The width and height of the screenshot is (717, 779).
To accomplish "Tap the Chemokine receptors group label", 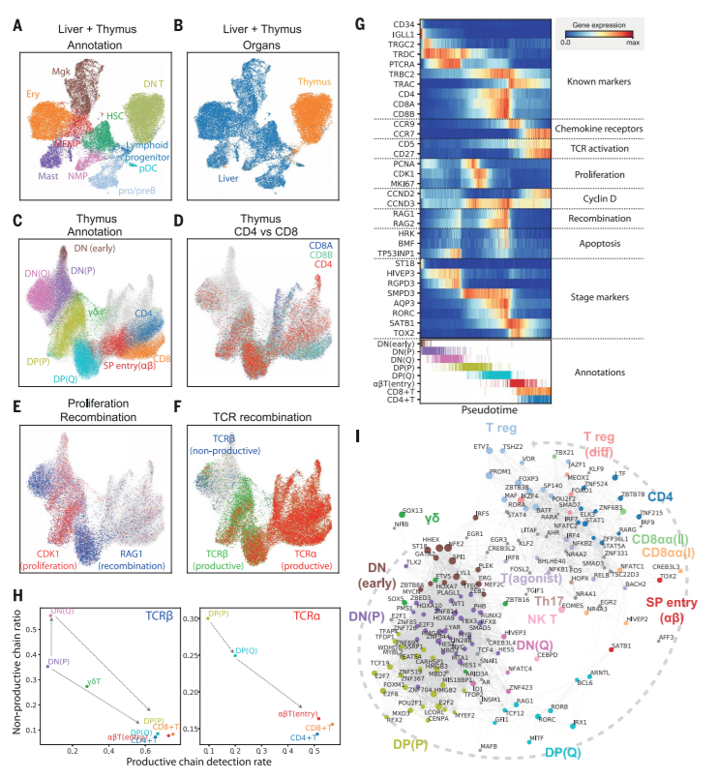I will pyautogui.click(x=609, y=127).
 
